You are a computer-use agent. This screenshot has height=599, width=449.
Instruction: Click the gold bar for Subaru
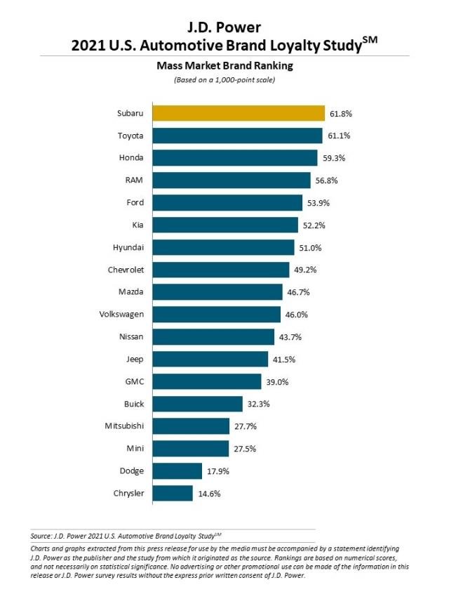click(238, 114)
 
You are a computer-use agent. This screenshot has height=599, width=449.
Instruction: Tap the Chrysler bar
click(173, 493)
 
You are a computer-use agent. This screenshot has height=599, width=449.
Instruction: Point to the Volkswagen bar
click(216, 315)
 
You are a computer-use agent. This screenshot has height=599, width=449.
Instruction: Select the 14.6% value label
click(208, 493)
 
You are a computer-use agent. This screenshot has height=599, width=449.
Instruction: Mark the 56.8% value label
click(326, 180)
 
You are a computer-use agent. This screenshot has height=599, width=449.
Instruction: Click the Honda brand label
click(131, 158)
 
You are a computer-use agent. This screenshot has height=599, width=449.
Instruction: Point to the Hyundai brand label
click(128, 247)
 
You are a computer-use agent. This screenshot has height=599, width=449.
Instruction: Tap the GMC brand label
click(133, 381)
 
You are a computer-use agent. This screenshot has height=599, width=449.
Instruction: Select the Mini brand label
click(135, 448)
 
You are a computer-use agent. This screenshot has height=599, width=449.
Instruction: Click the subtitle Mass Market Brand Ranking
click(224, 67)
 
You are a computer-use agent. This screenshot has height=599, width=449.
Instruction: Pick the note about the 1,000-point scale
click(224, 80)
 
